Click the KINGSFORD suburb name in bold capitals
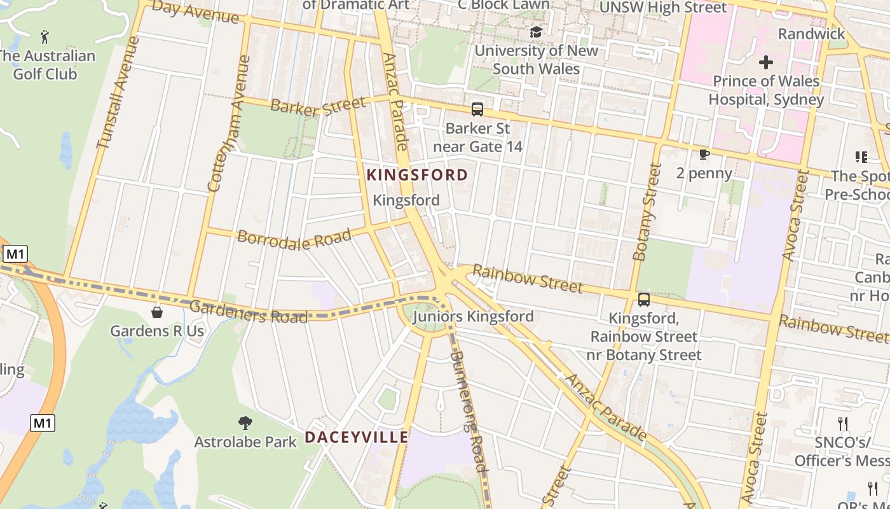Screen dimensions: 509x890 (x=417, y=175)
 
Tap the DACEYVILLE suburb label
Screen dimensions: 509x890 (x=356, y=438)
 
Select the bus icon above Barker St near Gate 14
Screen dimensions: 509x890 (x=477, y=109)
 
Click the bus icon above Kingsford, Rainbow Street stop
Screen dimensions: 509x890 (x=644, y=300)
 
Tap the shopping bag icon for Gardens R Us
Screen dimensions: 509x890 (x=157, y=312)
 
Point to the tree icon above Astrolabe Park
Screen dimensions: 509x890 (x=245, y=423)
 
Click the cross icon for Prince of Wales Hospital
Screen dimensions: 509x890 (x=766, y=62)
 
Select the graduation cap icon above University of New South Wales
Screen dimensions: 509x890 (x=536, y=32)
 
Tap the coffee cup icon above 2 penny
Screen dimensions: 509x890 (x=704, y=155)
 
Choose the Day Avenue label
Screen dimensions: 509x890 (x=196, y=12)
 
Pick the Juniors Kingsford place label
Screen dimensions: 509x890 (x=473, y=316)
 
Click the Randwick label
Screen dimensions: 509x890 (x=811, y=34)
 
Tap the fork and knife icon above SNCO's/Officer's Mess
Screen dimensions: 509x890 (x=843, y=424)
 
